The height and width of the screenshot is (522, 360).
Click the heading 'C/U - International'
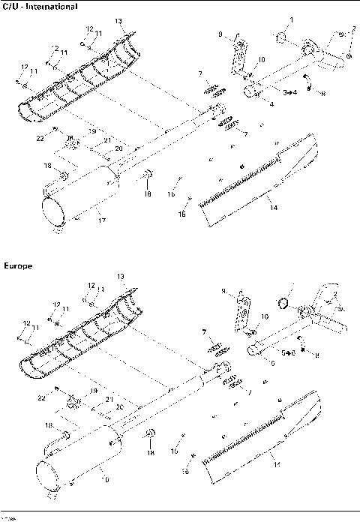coord(39,7)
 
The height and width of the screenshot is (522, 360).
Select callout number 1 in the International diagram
coord(292,18)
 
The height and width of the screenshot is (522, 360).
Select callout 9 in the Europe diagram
coord(223,291)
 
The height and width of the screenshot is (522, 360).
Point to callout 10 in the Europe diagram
coord(264,317)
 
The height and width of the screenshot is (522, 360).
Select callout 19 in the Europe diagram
coord(94,391)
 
